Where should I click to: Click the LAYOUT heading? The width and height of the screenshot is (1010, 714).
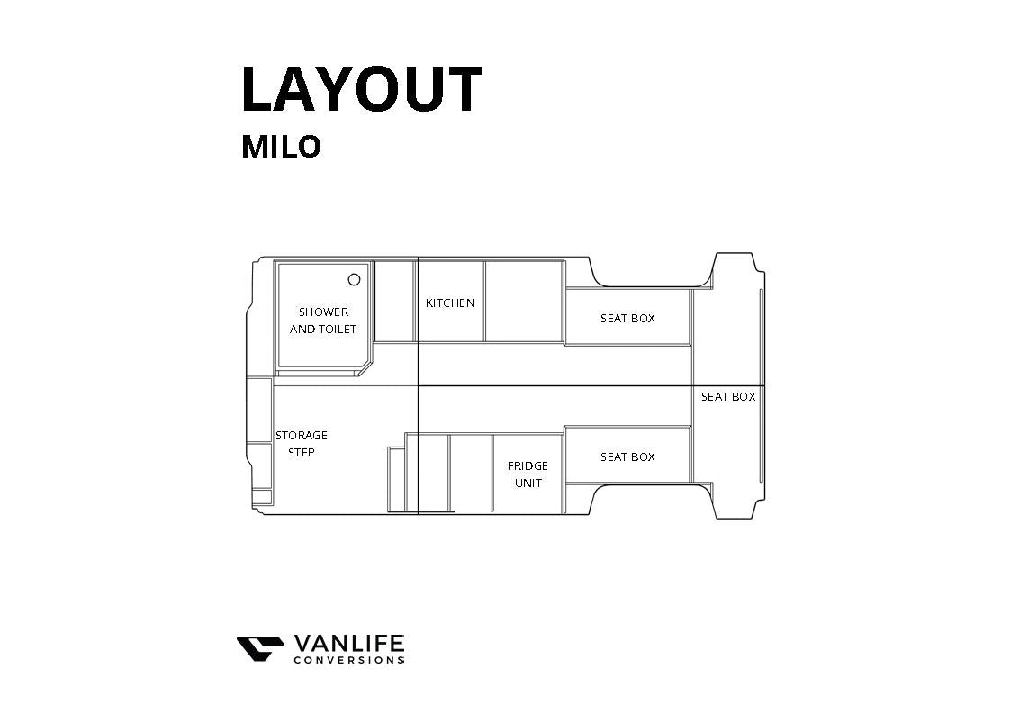(x=362, y=89)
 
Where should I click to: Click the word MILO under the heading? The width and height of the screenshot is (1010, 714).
(x=281, y=147)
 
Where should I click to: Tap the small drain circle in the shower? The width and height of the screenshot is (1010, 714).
(x=354, y=279)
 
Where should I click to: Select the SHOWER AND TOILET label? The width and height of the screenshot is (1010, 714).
(x=323, y=321)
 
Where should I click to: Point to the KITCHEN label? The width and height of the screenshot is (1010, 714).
(x=450, y=303)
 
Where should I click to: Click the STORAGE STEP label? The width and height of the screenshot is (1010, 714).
(x=302, y=444)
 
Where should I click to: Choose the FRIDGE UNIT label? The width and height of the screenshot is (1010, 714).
(x=528, y=474)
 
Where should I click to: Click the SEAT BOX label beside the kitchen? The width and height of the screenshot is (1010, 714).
(x=627, y=319)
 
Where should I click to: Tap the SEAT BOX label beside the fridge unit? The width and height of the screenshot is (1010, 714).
(x=627, y=457)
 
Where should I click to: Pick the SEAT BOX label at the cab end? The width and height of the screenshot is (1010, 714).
(x=728, y=397)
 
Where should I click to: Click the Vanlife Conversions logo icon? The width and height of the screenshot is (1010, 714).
(x=260, y=648)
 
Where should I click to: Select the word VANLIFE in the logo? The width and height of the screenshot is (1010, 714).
(x=349, y=644)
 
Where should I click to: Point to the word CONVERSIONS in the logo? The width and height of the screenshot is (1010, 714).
(x=349, y=661)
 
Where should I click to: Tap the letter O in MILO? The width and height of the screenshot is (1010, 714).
(x=308, y=147)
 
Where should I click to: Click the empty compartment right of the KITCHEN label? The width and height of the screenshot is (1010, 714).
(x=525, y=302)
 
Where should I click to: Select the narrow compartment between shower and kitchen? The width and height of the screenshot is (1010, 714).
(x=394, y=302)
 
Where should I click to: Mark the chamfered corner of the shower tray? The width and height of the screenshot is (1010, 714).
(x=365, y=369)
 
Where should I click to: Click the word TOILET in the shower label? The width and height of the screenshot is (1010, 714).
(x=338, y=330)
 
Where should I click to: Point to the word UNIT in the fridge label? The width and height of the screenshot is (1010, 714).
(x=528, y=484)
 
